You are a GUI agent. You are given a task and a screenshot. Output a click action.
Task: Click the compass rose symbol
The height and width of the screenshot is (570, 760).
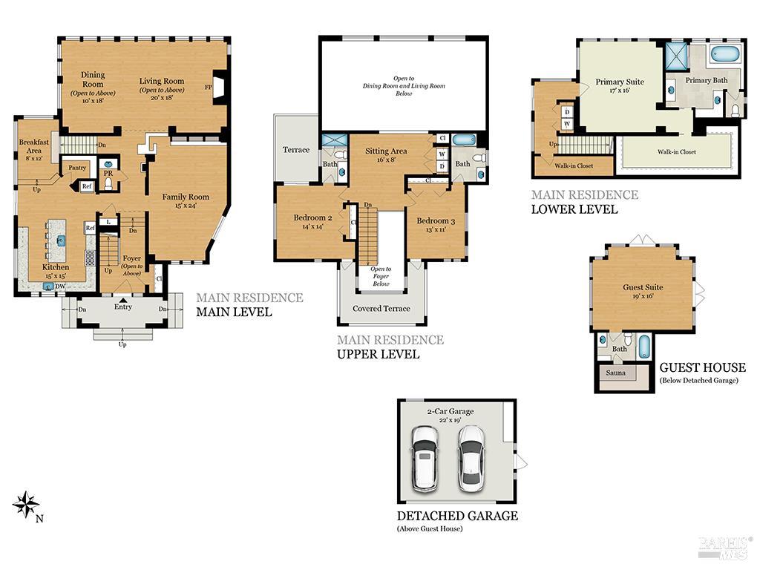(26, 505)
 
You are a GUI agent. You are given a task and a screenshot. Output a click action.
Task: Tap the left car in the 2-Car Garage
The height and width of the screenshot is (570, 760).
(426, 458)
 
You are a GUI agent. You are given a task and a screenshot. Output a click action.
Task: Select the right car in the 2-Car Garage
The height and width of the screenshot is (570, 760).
(471, 458)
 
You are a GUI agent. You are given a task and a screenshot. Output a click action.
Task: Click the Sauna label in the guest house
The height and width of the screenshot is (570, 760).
(615, 373)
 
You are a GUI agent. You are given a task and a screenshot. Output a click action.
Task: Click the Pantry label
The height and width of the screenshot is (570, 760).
(77, 168)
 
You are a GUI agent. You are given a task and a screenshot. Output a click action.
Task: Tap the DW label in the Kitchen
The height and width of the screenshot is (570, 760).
(62, 287)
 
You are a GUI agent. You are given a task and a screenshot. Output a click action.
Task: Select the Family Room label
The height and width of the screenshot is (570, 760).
(186, 197)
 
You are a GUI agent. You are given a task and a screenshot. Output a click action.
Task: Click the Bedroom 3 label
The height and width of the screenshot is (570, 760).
(436, 221)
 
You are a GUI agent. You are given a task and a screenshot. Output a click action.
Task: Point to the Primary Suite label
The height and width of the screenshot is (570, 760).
(620, 82)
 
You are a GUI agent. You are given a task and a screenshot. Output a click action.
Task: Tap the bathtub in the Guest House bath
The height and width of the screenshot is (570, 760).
(643, 346)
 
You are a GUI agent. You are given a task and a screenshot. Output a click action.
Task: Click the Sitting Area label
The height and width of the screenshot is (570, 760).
(386, 151)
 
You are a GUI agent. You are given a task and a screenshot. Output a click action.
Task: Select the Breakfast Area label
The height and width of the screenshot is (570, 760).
(34, 146)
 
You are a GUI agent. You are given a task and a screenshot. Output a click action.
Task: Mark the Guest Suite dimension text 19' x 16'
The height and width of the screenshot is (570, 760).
(643, 296)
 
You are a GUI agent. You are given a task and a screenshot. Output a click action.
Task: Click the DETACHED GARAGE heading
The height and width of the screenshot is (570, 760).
(457, 516)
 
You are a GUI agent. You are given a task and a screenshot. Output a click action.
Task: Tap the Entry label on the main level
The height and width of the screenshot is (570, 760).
(123, 307)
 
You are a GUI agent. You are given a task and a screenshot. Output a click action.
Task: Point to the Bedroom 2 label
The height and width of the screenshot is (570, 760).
(312, 217)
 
